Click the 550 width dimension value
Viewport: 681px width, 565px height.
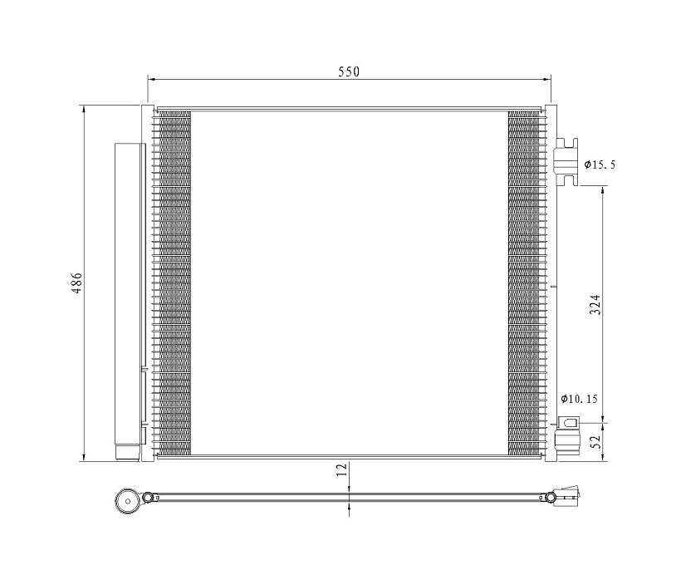pyautogui.click(x=349, y=71)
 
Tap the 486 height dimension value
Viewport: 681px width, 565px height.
pyautogui.click(x=76, y=283)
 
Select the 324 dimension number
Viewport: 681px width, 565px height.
pyautogui.click(x=595, y=304)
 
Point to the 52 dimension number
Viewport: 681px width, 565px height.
pyautogui.click(x=595, y=441)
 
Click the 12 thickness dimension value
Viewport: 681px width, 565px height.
pyautogui.click(x=343, y=469)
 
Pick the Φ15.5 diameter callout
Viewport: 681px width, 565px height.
pyautogui.click(x=600, y=165)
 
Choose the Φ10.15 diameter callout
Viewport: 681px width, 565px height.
pyautogui.click(x=579, y=399)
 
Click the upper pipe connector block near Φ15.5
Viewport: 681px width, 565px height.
pyautogui.click(x=566, y=161)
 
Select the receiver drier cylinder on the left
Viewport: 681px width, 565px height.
pyautogui.click(x=128, y=300)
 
